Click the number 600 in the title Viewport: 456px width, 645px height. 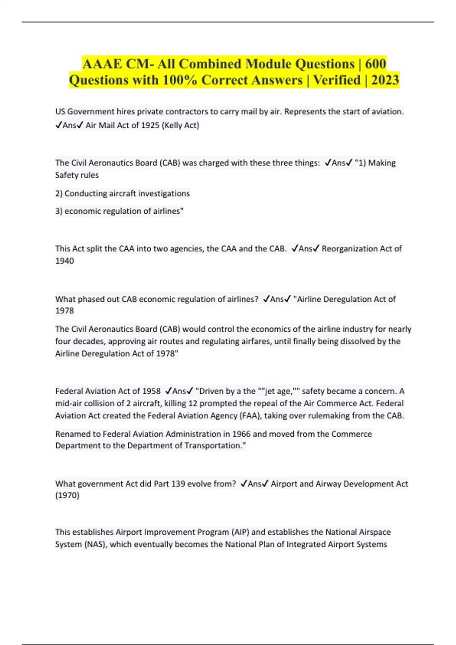pyautogui.click(x=375, y=64)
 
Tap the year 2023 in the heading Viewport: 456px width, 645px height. pyautogui.click(x=385, y=80)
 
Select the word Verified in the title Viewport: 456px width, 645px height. pyautogui.click(x=337, y=80)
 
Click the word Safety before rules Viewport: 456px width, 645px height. pyautogui.click(x=66, y=175)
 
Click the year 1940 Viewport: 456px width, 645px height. pyautogui.click(x=65, y=261)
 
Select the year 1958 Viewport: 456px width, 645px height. pyautogui.click(x=151, y=391)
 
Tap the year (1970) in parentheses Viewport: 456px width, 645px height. pyautogui.click(x=67, y=495)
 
